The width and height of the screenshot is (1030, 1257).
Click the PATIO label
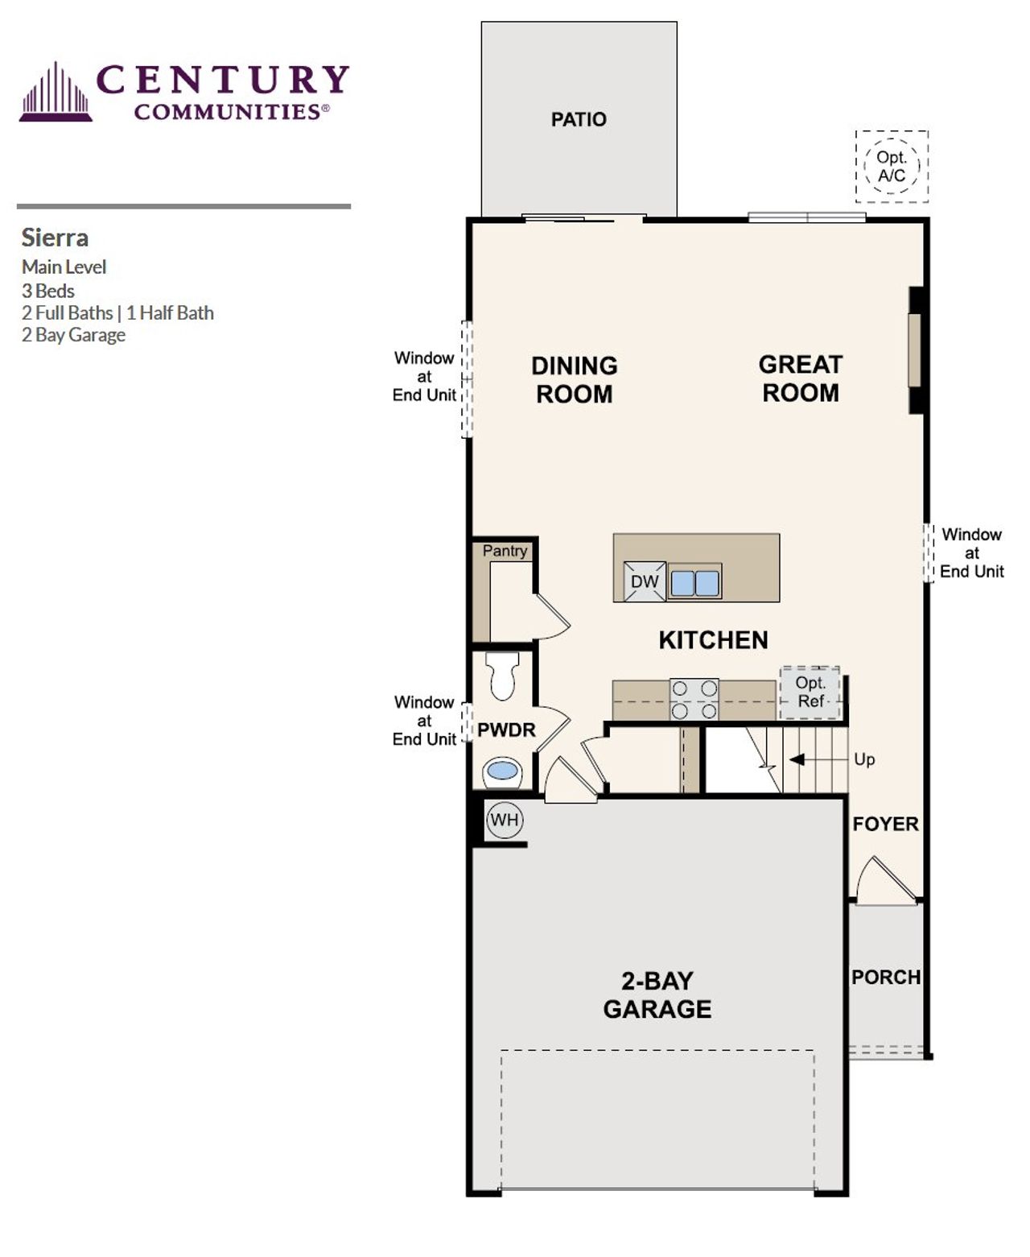(579, 119)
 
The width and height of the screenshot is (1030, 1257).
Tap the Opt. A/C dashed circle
(892, 167)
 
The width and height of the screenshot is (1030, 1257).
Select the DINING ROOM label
(575, 379)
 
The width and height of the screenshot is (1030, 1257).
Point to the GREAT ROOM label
(801, 378)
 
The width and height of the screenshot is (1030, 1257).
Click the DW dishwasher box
(645, 581)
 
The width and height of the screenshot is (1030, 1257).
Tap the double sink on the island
(695, 582)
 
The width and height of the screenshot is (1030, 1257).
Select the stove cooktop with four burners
(694, 699)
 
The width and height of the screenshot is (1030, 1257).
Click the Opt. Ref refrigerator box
(810, 693)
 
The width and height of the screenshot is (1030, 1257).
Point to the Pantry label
(505, 551)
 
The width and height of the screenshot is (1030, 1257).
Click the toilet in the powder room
(504, 676)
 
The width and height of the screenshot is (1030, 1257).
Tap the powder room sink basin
(503, 771)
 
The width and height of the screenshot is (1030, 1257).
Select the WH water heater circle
(505, 820)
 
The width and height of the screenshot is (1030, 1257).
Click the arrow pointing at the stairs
(797, 759)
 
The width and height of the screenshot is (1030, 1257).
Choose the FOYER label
(885, 824)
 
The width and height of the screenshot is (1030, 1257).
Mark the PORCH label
(886, 977)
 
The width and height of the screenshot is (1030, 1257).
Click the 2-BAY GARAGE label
(657, 994)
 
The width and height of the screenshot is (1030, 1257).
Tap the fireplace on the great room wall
(916, 350)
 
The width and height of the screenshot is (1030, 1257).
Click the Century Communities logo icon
(56, 93)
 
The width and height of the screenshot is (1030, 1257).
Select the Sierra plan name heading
(55, 238)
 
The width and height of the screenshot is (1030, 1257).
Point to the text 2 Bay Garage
(73, 335)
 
